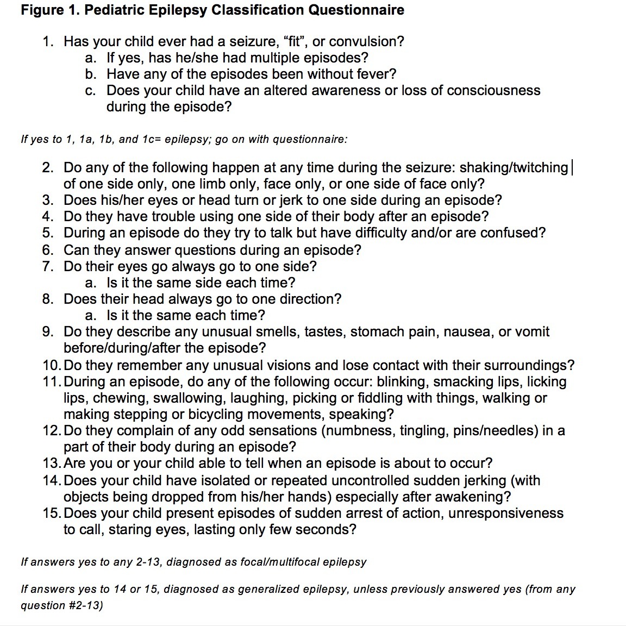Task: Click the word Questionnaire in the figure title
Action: point(356,10)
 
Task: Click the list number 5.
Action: point(48,233)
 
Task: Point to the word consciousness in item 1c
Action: point(493,90)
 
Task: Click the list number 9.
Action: point(48,332)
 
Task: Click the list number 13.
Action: point(50,464)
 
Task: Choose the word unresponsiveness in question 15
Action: point(505,514)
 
